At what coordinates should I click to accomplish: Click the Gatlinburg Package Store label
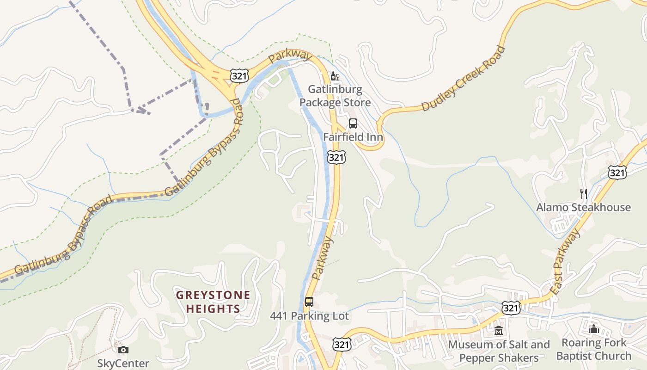(x=335, y=96)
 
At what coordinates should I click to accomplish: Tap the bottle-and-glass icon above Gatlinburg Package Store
(x=335, y=76)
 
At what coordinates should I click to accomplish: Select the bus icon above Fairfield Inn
(x=353, y=123)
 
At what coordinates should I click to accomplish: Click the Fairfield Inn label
(x=353, y=137)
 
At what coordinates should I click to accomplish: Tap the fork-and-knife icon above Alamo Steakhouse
(x=584, y=193)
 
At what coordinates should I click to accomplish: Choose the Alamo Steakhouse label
(x=583, y=207)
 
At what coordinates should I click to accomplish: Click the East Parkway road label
(x=566, y=262)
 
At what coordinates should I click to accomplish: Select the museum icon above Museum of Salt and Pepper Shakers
(x=499, y=331)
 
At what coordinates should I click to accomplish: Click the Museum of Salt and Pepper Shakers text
(x=499, y=351)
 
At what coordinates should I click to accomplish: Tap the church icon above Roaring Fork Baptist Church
(x=594, y=329)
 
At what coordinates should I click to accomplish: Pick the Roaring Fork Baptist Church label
(x=594, y=349)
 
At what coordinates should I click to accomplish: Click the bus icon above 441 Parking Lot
(x=309, y=302)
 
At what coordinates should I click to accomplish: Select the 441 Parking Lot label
(x=309, y=316)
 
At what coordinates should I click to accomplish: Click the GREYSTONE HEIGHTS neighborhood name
(x=213, y=302)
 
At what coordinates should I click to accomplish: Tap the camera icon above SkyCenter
(x=123, y=350)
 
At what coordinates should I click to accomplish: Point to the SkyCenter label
(x=123, y=364)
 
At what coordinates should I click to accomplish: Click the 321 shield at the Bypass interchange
(x=239, y=76)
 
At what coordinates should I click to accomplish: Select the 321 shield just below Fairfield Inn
(x=336, y=157)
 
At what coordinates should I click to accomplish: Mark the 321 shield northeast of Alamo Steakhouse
(x=617, y=173)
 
